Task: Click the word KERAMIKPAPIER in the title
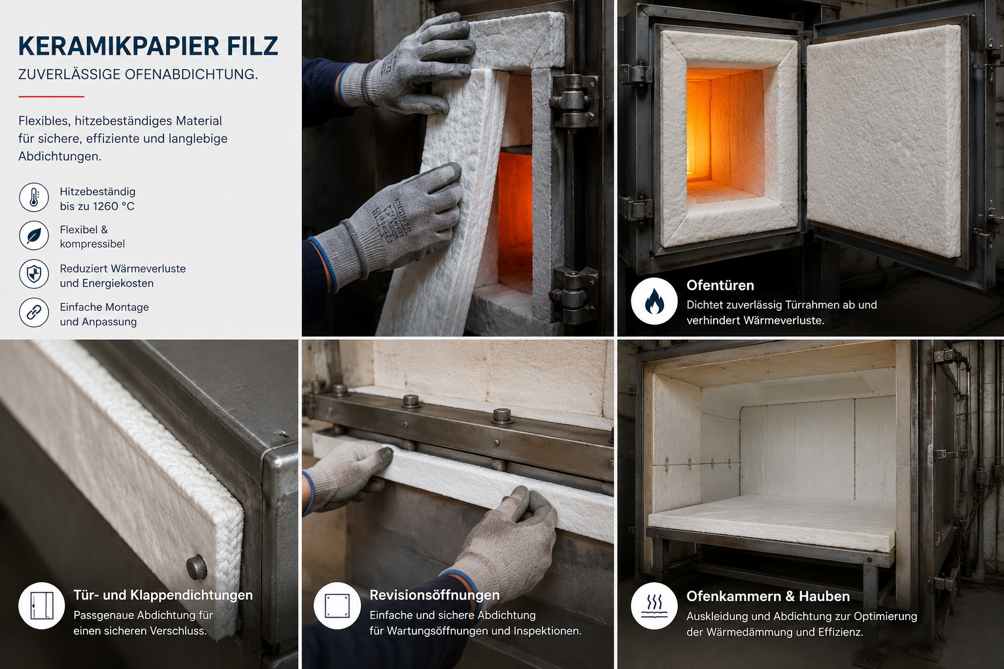[110, 46]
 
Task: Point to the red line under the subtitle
[51, 96]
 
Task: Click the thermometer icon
[33, 197]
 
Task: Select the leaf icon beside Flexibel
[33, 236]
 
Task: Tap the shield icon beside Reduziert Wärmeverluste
[33, 274]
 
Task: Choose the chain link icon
[33, 313]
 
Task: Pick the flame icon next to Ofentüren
[654, 301]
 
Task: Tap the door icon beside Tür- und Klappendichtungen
[42, 606]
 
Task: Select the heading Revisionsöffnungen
[434, 595]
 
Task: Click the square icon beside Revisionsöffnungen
[337, 606]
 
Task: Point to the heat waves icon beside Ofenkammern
[654, 606]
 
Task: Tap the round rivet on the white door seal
[196, 567]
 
